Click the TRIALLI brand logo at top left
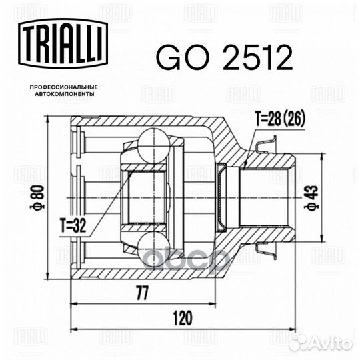point(63,43)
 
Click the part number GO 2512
point(224,57)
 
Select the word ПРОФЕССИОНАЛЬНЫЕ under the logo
point(64,87)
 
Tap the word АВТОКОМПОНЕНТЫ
point(65,94)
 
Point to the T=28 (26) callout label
point(280,119)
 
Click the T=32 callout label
point(73,226)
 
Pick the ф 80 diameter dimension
point(37,198)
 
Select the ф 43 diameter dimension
point(311,198)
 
